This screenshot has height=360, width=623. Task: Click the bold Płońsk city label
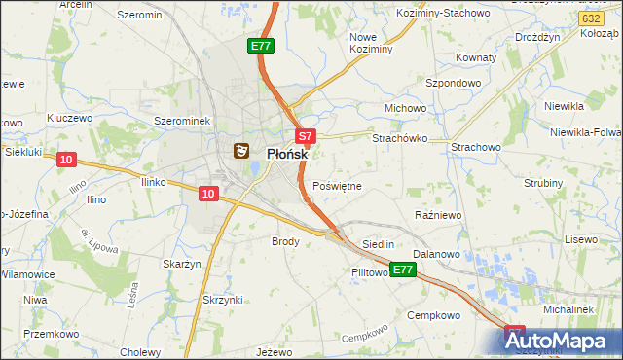tap(287, 153)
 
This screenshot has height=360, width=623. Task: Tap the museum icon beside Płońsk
tap(240, 151)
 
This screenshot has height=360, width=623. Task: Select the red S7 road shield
tap(305, 137)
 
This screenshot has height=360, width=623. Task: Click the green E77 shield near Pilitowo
tap(403, 270)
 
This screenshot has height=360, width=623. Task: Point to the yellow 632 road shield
tap(589, 19)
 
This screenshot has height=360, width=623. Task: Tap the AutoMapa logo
tap(562, 342)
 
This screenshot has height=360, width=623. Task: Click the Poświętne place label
tap(337, 185)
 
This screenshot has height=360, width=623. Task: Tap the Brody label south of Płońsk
tap(285, 240)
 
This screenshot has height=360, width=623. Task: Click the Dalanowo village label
tap(435, 254)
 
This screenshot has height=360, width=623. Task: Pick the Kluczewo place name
tap(69, 118)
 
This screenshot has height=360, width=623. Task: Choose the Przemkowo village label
tap(50, 333)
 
